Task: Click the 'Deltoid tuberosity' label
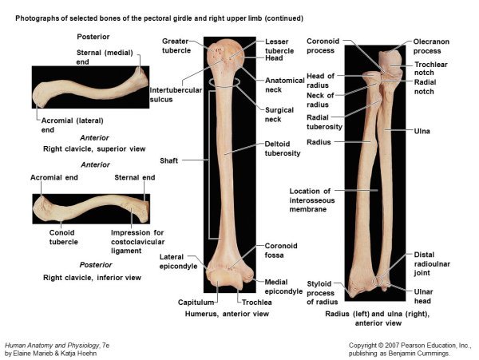click(x=283, y=148)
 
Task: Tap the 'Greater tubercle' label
click(x=176, y=45)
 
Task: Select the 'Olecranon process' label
click(x=431, y=46)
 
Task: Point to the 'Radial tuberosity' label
click(x=324, y=122)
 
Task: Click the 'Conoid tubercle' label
click(x=64, y=237)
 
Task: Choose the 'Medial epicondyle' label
click(x=283, y=287)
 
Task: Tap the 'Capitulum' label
click(x=196, y=303)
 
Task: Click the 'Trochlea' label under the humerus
click(x=256, y=303)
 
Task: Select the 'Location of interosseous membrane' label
click(x=312, y=200)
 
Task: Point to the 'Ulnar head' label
click(x=423, y=296)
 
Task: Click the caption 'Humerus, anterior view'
click(x=227, y=314)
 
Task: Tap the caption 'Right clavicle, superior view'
click(x=94, y=149)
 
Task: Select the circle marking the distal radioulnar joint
click(x=378, y=281)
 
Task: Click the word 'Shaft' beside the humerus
click(x=168, y=160)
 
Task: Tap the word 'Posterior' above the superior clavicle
click(x=93, y=37)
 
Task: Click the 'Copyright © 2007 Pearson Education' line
click(x=409, y=346)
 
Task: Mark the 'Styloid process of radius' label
click(x=322, y=293)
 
